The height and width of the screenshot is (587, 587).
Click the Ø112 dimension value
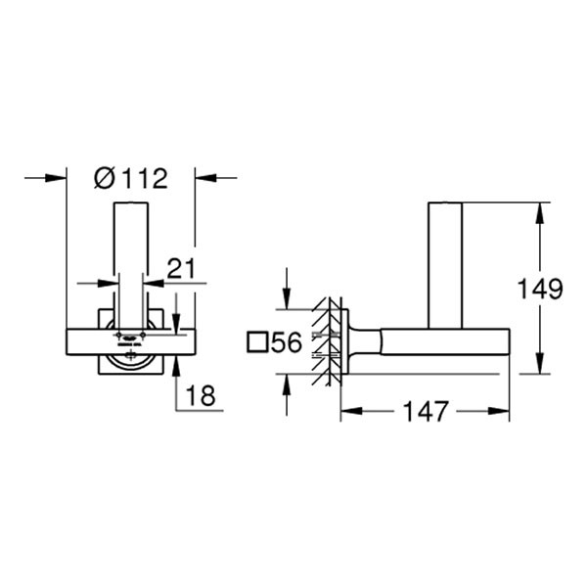pos(131,178)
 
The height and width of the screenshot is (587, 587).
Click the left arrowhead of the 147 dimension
pos(347,411)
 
